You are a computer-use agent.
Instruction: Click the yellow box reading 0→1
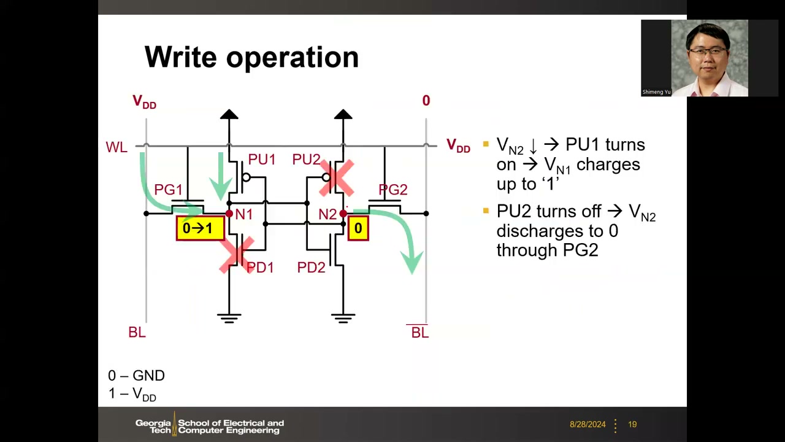200,228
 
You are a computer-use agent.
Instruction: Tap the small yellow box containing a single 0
358,228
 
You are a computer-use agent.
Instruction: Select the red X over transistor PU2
337,178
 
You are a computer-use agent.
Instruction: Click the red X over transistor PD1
237,255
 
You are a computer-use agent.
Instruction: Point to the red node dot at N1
229,214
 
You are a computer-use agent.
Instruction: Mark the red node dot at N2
343,214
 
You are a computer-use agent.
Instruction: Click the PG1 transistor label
168,190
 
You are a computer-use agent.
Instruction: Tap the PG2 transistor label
393,190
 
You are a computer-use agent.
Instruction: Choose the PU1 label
262,159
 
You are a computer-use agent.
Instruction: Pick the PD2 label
311,267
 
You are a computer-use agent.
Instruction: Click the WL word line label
117,147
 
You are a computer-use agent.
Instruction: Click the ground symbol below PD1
229,318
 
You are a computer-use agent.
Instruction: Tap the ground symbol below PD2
343,318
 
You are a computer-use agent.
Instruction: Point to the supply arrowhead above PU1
229,114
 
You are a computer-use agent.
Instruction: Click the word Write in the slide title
181,57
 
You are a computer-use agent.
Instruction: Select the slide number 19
632,424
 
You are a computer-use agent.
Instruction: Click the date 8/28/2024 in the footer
588,424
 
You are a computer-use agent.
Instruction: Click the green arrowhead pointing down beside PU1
221,188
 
